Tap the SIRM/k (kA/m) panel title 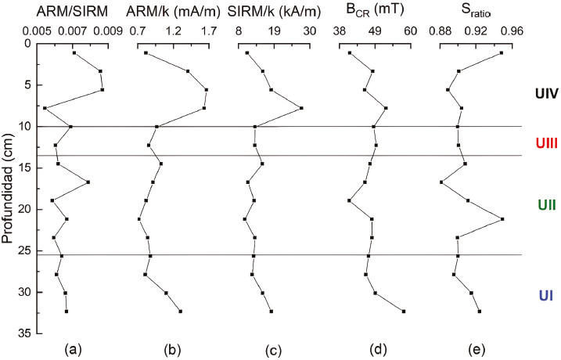click(274, 12)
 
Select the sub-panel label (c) click(273, 350)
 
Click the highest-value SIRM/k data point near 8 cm click(301, 108)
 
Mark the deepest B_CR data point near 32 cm click(404, 311)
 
